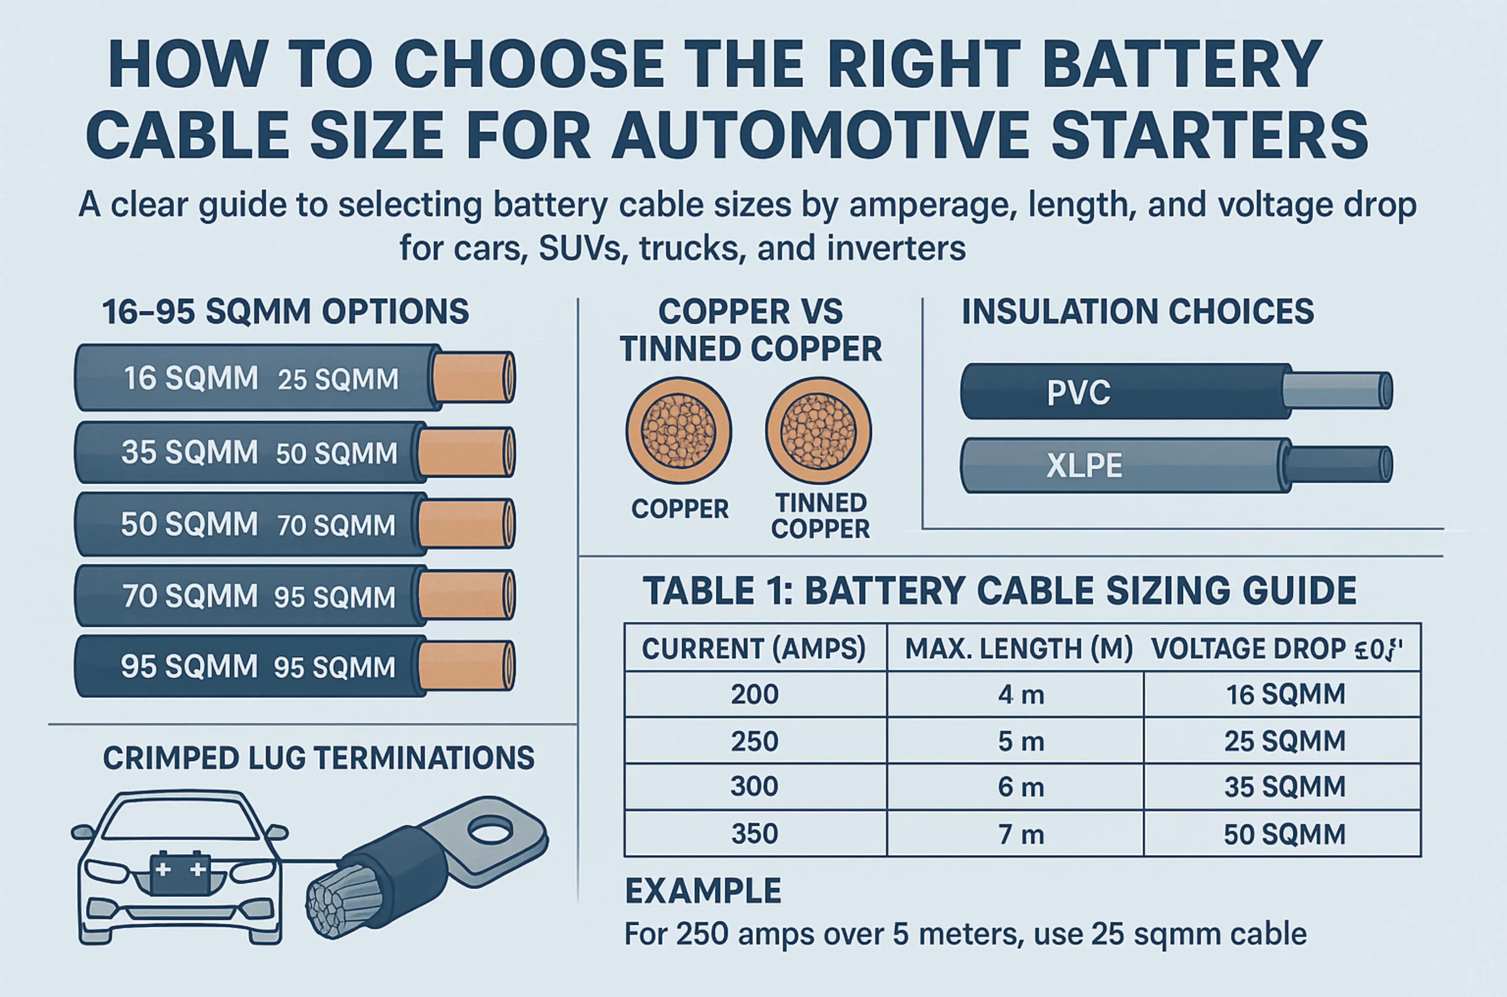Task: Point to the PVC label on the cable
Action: point(1078,392)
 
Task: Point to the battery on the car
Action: point(181,873)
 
